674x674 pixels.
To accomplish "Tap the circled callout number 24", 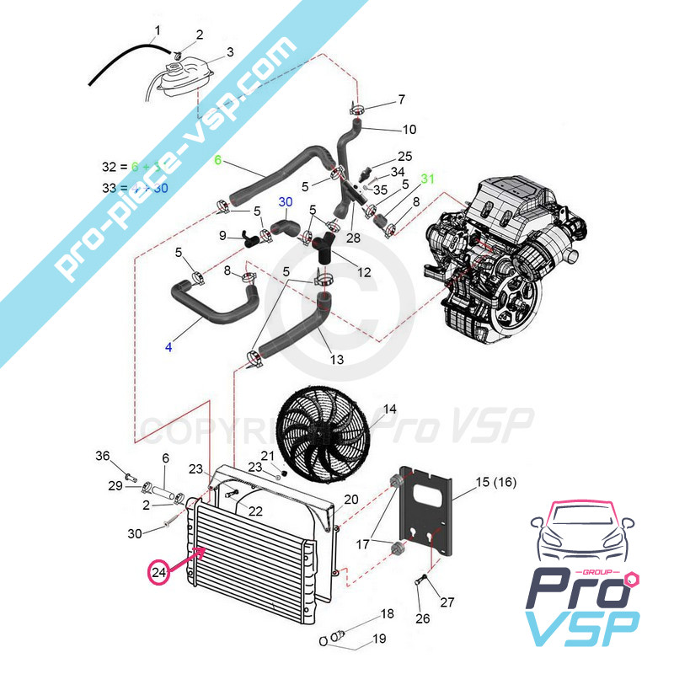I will (x=158, y=573).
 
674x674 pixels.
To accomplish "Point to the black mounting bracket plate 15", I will (x=431, y=515).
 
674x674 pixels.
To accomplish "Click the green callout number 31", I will (x=428, y=179).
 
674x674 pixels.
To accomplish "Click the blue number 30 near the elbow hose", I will (x=285, y=202).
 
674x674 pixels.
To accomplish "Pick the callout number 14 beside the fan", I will (x=390, y=410).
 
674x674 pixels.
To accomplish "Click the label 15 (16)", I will (x=495, y=482).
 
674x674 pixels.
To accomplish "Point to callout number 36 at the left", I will (x=103, y=456).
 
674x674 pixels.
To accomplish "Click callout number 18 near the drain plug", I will (x=388, y=613).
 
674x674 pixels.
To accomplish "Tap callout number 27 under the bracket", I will (x=447, y=602).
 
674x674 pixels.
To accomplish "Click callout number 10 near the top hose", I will (x=409, y=130).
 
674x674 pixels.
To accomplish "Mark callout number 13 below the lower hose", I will (x=336, y=360).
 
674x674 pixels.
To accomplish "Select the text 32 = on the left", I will (x=112, y=167).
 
